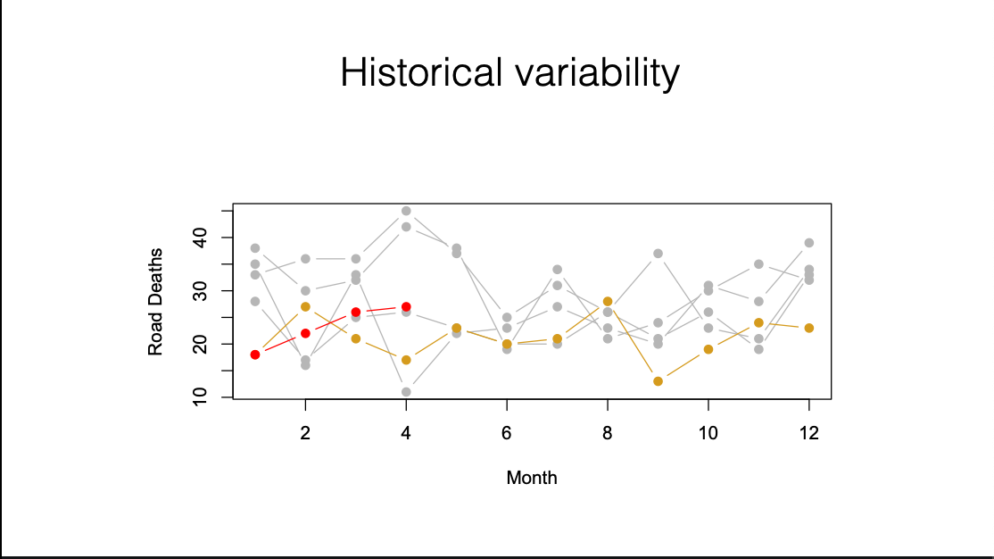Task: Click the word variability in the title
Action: (597, 73)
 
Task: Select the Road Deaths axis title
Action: (155, 302)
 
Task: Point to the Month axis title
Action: (531, 477)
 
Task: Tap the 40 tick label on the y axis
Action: (200, 238)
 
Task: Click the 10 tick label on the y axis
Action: (200, 396)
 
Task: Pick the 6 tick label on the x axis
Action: (507, 433)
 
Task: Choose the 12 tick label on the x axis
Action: (809, 433)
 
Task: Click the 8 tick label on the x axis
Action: (608, 433)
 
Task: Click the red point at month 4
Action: (406, 307)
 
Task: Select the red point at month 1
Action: (255, 355)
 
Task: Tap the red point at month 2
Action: (305, 333)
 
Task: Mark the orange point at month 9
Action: (658, 381)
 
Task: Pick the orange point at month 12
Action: (809, 328)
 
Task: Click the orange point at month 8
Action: (608, 302)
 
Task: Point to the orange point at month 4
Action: (406, 360)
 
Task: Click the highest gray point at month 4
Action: (406, 211)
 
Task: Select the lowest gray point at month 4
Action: (406, 392)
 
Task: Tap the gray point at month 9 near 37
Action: (658, 254)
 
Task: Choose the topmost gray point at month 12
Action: (809, 243)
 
